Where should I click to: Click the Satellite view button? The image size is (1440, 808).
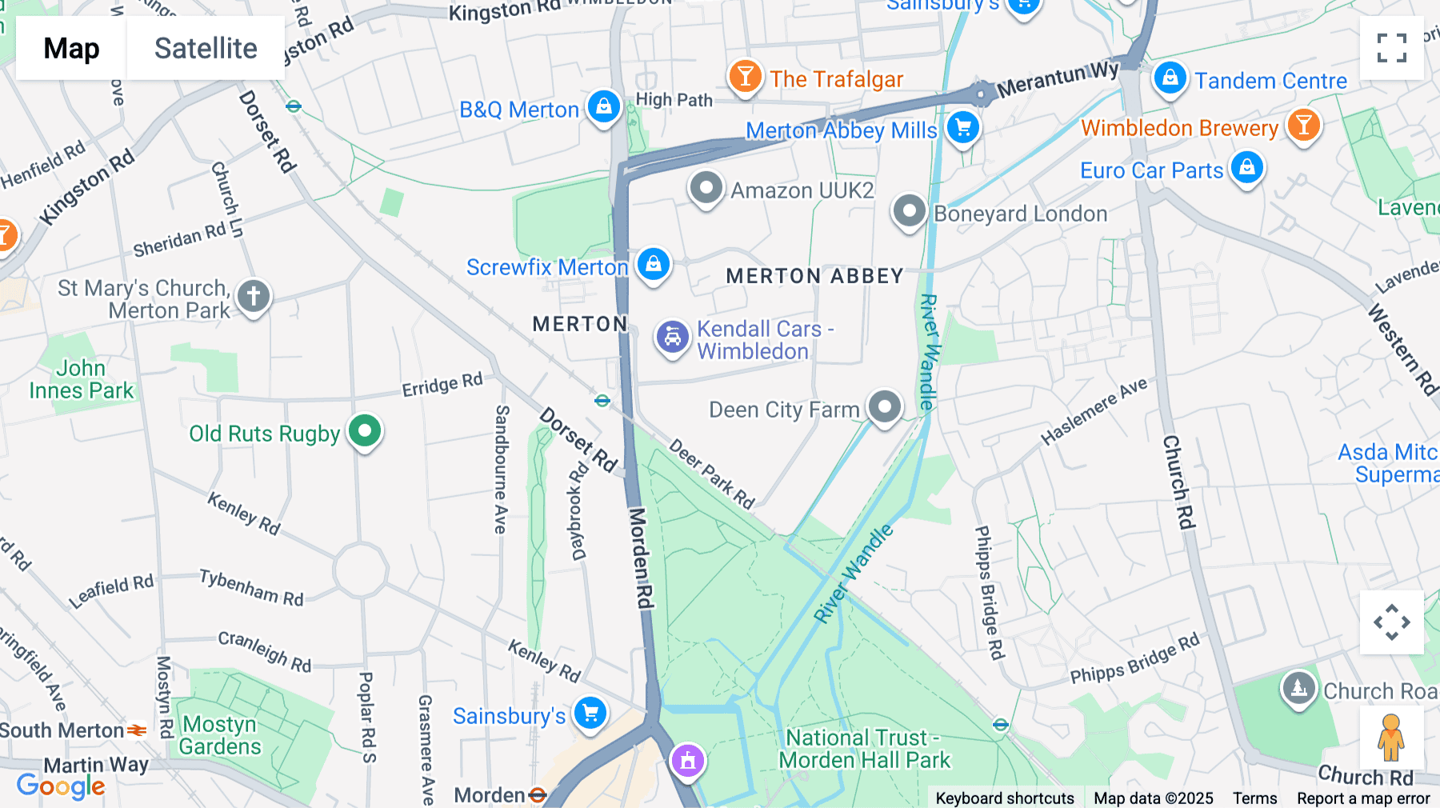(x=206, y=48)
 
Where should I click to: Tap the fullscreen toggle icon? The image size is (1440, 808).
(x=1391, y=48)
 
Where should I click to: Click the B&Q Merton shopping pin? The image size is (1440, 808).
(x=604, y=106)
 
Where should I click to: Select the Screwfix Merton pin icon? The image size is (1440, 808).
(x=654, y=263)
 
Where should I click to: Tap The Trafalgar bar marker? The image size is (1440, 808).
(x=745, y=77)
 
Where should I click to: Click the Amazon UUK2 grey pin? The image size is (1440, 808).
(x=706, y=189)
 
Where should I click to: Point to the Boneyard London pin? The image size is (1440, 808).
(x=909, y=212)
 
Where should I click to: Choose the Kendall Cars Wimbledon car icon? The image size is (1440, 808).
(x=673, y=338)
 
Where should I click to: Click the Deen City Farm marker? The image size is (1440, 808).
(x=885, y=407)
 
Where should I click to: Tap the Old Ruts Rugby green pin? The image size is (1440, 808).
(x=365, y=431)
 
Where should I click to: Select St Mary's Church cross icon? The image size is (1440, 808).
(x=254, y=296)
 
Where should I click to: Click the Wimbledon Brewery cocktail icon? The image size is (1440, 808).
(x=1303, y=126)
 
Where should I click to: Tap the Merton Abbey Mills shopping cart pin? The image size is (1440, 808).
(x=963, y=127)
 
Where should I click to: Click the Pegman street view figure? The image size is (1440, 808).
(x=1391, y=737)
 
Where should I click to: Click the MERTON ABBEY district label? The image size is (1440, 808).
(x=814, y=276)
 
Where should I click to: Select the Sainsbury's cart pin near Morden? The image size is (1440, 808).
(x=590, y=712)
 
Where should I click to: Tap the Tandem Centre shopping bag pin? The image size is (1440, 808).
(x=1170, y=78)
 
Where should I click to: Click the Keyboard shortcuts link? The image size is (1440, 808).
(x=1005, y=798)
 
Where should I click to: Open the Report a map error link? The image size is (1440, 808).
(x=1363, y=798)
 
